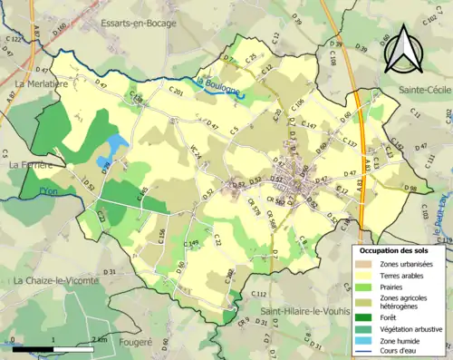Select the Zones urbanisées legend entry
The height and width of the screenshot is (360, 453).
point(407,263)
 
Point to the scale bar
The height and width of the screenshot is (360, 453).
point(54,346)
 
